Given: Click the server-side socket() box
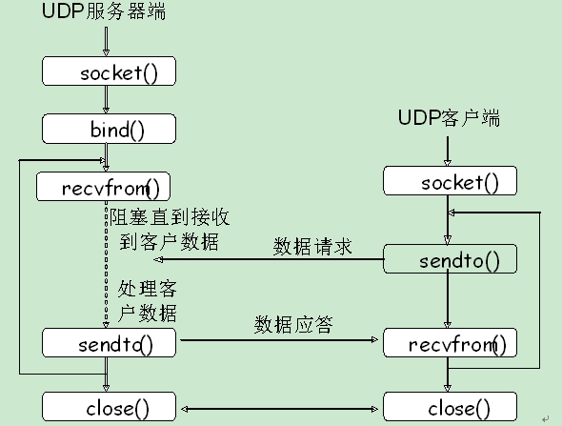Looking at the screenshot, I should click(x=109, y=72).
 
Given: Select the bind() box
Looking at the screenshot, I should click(x=109, y=129).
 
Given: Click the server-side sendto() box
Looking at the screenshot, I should click(x=109, y=342).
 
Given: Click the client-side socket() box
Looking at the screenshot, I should click(x=450, y=181).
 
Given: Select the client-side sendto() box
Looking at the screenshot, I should click(x=450, y=259).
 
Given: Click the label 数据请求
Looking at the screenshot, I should click(x=312, y=248).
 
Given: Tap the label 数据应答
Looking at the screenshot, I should click(x=293, y=324).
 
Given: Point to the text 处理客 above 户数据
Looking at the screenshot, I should click(x=148, y=288).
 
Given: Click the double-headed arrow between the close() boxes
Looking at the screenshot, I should click(x=279, y=408).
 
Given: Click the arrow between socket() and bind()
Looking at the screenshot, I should click(x=107, y=100).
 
